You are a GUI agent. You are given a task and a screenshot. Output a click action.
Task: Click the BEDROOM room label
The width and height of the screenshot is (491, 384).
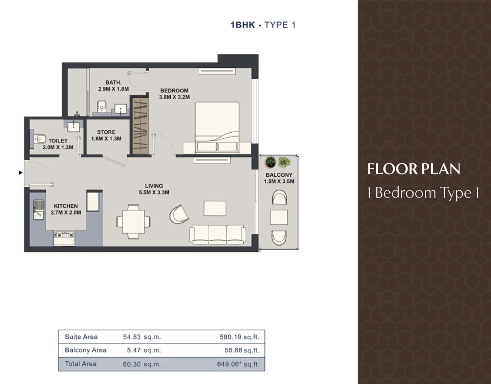point(174,90)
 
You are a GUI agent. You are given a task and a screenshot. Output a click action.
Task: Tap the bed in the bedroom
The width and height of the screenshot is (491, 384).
point(217,128)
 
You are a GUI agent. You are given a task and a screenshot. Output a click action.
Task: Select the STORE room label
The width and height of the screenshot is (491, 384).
point(106,132)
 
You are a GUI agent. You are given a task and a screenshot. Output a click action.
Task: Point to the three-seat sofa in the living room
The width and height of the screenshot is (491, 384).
point(218,235)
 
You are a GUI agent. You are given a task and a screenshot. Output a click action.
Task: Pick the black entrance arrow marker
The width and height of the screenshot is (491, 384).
point(21,173)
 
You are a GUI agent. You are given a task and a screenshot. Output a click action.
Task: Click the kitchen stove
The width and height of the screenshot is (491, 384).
point(64,238)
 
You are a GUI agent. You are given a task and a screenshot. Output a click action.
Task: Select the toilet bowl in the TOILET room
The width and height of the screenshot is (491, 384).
point(40,139)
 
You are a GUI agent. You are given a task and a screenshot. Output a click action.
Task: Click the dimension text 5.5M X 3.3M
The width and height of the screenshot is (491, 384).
point(154,192)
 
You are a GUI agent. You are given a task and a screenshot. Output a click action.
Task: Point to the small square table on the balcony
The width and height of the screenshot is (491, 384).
point(279,217)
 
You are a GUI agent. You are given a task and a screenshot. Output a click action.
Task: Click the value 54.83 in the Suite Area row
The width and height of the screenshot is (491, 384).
point(132,337)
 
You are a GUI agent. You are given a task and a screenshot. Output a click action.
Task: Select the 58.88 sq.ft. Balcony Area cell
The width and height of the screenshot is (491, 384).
point(242,350)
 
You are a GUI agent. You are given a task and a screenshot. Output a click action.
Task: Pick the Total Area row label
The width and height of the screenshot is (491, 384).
point(81,364)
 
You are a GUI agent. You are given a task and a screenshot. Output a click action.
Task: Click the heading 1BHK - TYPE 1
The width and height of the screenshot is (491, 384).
point(263,25)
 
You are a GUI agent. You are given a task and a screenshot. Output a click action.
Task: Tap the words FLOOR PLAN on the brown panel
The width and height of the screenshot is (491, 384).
point(413,169)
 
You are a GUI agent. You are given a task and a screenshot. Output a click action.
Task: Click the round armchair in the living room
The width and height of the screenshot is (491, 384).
point(179,214)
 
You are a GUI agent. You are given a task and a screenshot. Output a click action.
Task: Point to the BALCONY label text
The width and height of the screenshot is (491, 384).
point(279,175)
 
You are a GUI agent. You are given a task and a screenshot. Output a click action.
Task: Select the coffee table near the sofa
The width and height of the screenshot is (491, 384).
point(215,208)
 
